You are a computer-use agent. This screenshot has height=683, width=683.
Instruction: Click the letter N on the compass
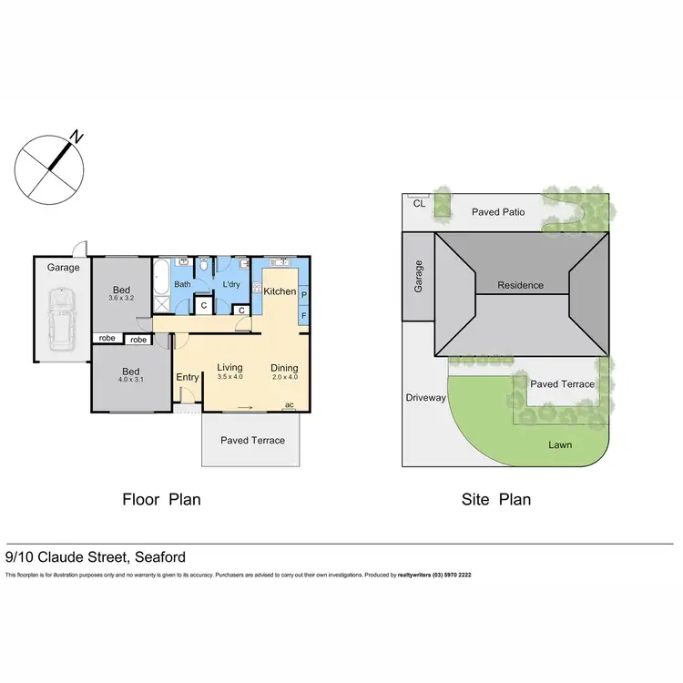pos(79,138)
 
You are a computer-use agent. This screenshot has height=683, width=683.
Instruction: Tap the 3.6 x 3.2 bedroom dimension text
pos(121,298)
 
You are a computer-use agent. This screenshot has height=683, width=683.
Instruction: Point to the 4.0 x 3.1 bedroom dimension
pos(132,382)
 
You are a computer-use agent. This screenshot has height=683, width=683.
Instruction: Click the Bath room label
pos(183,284)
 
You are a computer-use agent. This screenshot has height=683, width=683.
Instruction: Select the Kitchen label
pos(280,291)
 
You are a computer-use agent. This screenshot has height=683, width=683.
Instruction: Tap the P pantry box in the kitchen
pos(303,295)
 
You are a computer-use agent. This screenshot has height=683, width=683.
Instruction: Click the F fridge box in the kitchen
pos(303,315)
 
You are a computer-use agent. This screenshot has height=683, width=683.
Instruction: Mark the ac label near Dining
pos(290,404)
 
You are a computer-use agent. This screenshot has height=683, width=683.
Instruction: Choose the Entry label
pos(188,377)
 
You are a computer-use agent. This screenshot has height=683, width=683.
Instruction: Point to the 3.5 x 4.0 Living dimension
pos(229,377)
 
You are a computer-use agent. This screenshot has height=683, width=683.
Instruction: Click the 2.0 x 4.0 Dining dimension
pos(284,377)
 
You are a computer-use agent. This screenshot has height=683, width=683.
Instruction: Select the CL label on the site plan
pos(419,204)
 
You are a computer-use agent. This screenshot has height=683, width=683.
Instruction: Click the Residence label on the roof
pos(520,285)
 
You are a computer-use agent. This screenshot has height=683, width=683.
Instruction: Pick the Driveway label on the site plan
pos(426,398)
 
